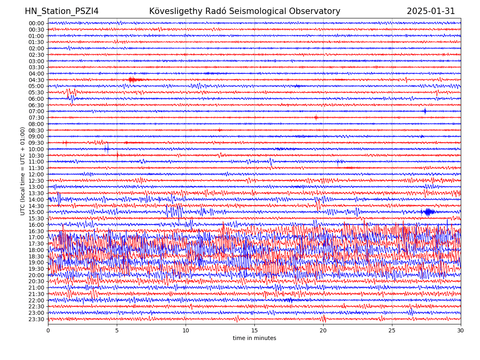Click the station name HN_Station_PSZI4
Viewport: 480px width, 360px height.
pyautogui.click(x=62, y=11)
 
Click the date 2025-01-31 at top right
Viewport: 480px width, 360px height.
pyautogui.click(x=431, y=11)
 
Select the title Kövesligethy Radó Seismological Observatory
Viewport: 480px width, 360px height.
pyautogui.click(x=245, y=11)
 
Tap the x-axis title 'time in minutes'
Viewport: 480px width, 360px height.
pyautogui.click(x=254, y=338)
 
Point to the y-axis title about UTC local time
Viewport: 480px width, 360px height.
pyautogui.click(x=23, y=171)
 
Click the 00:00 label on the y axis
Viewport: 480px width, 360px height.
pyautogui.click(x=36, y=23)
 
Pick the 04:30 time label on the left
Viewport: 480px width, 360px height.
pyautogui.click(x=36, y=80)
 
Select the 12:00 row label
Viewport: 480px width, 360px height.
pyautogui.click(x=36, y=174)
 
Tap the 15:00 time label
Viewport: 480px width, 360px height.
pyautogui.click(x=36, y=212)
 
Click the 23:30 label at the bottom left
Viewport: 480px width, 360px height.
pyautogui.click(x=36, y=319)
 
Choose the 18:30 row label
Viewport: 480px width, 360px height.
pyautogui.click(x=36, y=256)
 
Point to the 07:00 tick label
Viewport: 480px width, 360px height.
pyautogui.click(x=36, y=111)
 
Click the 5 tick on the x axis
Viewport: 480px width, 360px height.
pyautogui.click(x=117, y=330)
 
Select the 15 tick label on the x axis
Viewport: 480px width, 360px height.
pyautogui.click(x=254, y=330)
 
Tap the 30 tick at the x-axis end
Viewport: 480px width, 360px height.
pyautogui.click(x=461, y=330)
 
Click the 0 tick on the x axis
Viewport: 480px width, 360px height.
pyautogui.click(x=48, y=330)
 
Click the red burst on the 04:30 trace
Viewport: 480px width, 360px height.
pyautogui.click(x=134, y=80)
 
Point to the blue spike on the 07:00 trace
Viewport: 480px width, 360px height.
pyautogui.click(x=425, y=111)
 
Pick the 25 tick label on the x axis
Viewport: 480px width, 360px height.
pyautogui.click(x=392, y=330)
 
